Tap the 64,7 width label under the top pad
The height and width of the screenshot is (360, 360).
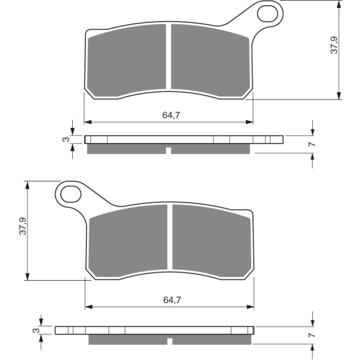point(171,115)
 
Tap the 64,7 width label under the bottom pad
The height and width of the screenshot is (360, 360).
point(172,300)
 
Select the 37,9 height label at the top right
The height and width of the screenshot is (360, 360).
point(334,45)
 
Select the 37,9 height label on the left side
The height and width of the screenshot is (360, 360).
point(23,226)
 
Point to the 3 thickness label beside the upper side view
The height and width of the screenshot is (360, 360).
point(66,139)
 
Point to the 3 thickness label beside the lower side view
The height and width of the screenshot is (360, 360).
point(36,330)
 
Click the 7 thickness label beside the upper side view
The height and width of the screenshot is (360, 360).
point(312,144)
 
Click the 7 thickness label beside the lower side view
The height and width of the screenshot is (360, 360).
point(312,335)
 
